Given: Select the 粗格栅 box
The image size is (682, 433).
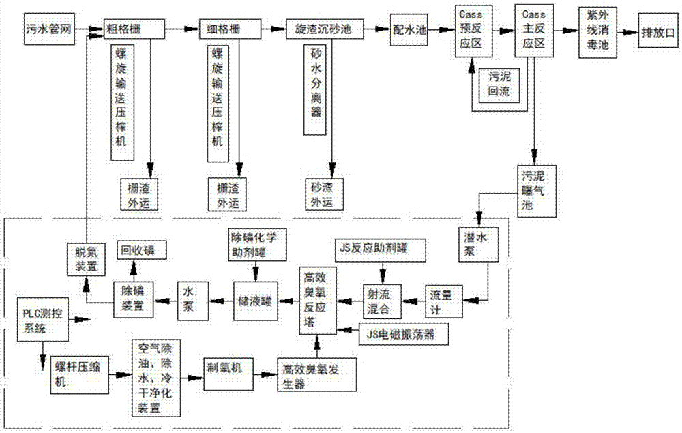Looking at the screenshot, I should click(134, 30).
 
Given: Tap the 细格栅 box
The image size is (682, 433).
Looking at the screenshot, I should click(233, 30).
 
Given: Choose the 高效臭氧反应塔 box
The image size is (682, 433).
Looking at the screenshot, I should click(318, 299).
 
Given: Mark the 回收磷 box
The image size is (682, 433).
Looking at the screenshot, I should click(138, 251).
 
